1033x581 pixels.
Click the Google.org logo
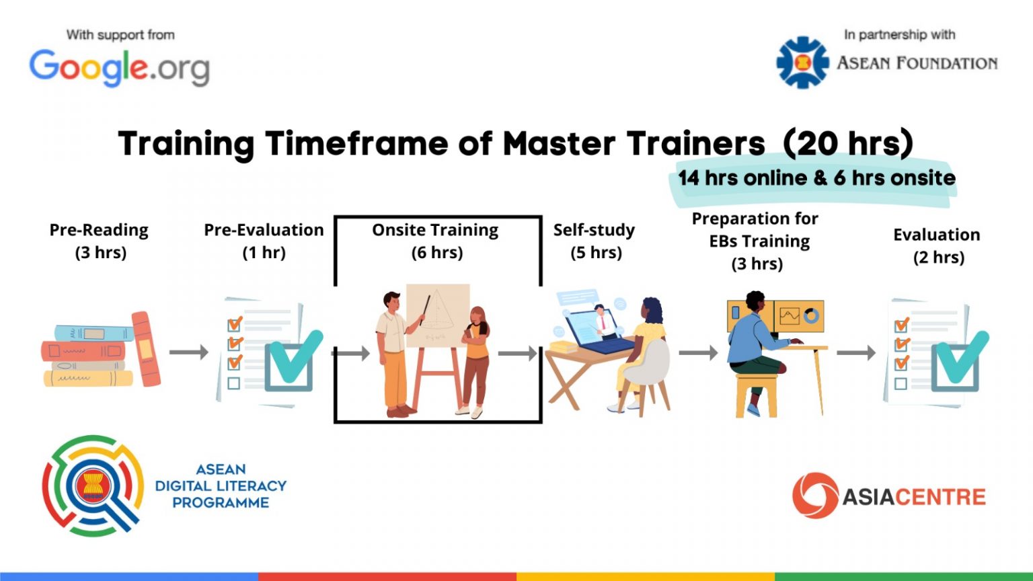[119, 68]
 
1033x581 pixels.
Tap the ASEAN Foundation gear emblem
[802, 63]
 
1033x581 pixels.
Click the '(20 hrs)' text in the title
[848, 143]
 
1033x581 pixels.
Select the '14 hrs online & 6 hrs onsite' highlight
[816, 178]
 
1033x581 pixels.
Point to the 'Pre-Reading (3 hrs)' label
[100, 241]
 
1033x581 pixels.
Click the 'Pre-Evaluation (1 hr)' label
[264, 241]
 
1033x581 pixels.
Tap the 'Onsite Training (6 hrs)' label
[436, 241]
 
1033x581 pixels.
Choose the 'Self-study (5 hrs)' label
[595, 241]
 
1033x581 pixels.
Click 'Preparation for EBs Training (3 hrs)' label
[756, 241]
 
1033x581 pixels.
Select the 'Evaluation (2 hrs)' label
[937, 245]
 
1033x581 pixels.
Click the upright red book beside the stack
[146, 348]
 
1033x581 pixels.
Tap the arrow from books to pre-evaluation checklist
[188, 352]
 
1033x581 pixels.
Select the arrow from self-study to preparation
[698, 353]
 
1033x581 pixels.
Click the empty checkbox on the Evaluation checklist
[901, 384]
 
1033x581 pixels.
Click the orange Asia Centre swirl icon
[815, 495]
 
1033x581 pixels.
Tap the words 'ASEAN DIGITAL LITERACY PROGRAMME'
[221, 486]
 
